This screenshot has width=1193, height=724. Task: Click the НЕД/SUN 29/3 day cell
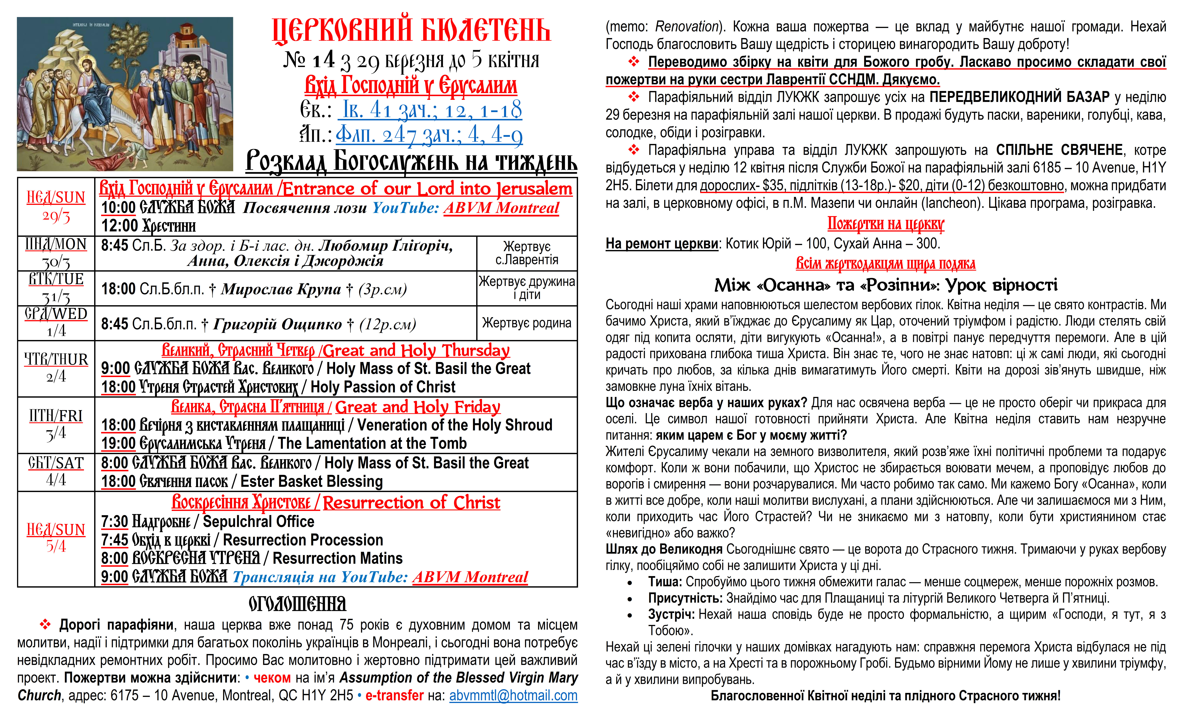tap(56, 207)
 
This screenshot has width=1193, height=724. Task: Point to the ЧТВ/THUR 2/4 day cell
tap(56, 368)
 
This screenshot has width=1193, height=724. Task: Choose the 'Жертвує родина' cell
tap(527, 323)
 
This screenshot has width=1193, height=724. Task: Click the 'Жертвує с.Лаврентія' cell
tap(527, 253)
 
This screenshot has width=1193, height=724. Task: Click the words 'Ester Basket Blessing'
tap(312, 482)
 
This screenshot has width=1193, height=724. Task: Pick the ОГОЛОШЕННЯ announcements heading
tap(297, 604)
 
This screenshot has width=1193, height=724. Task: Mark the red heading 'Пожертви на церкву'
tap(886, 224)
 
